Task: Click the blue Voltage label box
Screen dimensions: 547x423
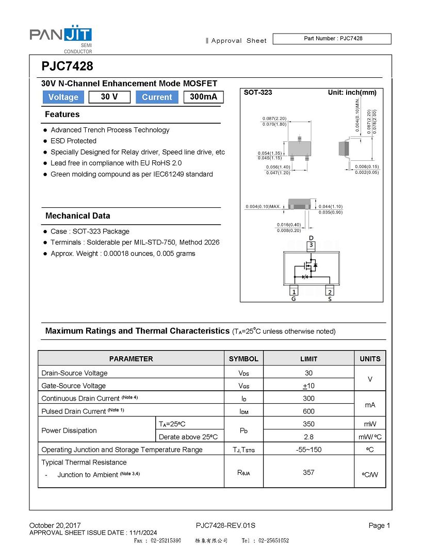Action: [x=63, y=97]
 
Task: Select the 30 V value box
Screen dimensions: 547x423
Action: [x=109, y=97]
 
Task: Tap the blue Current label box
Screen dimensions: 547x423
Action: [x=157, y=97]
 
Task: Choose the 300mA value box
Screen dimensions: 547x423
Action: [x=203, y=97]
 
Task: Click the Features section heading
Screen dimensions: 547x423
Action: [x=62, y=114]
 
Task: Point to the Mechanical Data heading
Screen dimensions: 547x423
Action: [x=77, y=216]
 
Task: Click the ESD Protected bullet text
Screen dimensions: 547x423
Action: [x=73, y=141]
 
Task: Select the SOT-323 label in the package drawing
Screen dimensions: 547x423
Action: [x=258, y=93]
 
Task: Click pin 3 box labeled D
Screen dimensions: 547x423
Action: [x=311, y=245]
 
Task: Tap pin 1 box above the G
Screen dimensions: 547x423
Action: [x=294, y=292]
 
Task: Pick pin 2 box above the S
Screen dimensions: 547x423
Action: [x=330, y=292]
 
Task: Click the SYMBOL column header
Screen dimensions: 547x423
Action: [x=243, y=359]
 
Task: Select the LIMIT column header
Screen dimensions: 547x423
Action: [x=308, y=359]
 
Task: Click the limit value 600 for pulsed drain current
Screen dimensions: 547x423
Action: [x=308, y=411]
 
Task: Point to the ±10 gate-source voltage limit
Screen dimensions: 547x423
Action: [x=308, y=386]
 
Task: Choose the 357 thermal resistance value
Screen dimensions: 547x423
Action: [x=308, y=472]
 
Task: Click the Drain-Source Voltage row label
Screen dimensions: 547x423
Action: [x=74, y=373]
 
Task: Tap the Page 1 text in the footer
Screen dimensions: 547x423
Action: [x=379, y=525]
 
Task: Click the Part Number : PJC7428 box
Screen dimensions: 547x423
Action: [x=332, y=39]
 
